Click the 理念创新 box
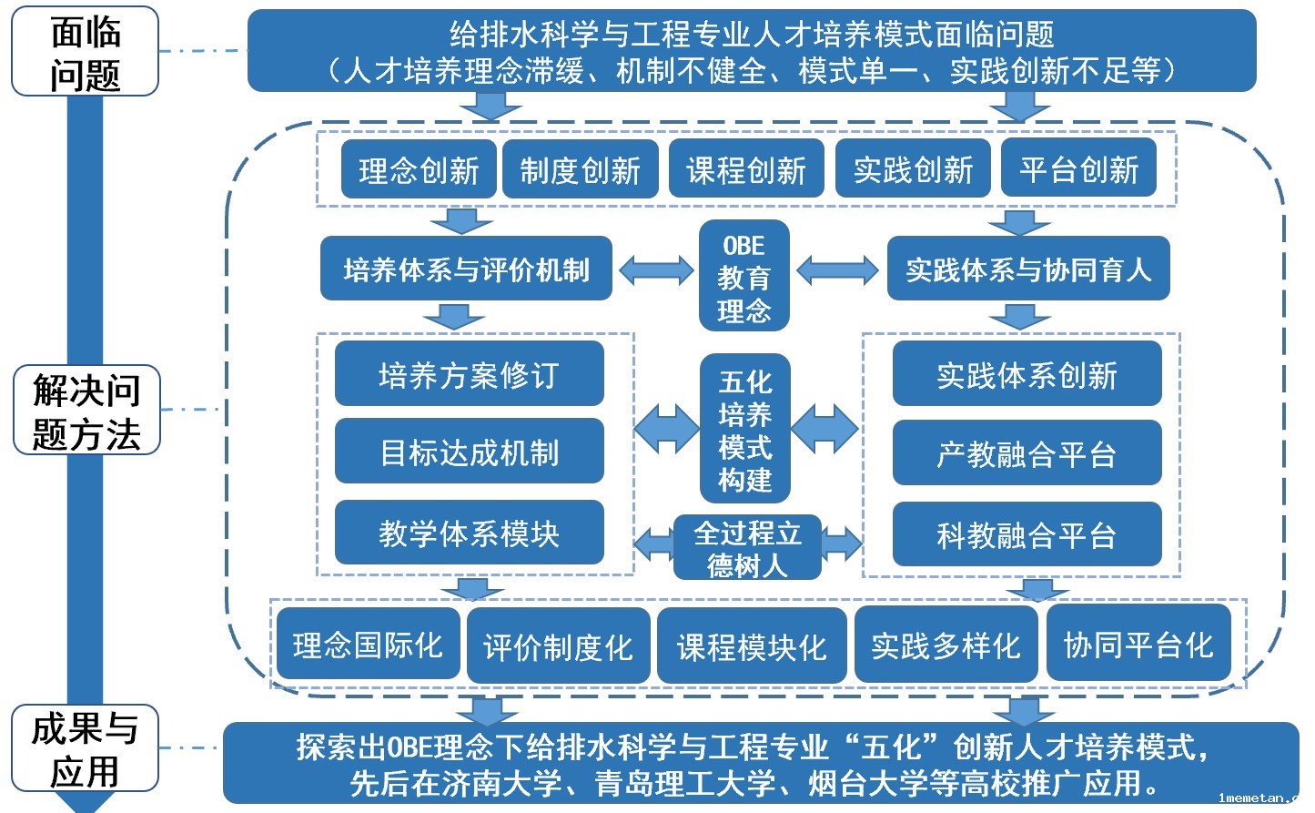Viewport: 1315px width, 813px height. (x=419, y=169)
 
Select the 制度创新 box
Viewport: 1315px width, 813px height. (x=581, y=169)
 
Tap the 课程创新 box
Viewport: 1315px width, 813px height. (x=746, y=169)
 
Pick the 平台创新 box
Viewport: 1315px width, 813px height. (x=1078, y=169)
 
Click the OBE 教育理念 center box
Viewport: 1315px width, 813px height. (x=743, y=277)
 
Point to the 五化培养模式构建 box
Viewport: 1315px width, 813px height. (x=744, y=429)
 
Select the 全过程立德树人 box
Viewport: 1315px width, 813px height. (x=747, y=548)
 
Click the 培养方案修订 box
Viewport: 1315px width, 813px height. (x=469, y=374)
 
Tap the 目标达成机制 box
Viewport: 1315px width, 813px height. (x=469, y=452)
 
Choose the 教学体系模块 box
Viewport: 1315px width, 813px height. (x=469, y=533)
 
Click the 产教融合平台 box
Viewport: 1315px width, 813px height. (x=1027, y=453)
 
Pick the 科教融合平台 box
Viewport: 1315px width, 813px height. (x=1027, y=534)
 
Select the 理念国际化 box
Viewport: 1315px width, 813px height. (x=368, y=645)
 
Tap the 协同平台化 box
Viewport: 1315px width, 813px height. (x=1138, y=645)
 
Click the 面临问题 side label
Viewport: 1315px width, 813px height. (x=85, y=52)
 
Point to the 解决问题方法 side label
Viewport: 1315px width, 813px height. (x=86, y=411)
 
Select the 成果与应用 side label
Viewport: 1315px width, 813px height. (x=85, y=749)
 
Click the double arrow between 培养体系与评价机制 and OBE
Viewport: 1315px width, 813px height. (x=656, y=270)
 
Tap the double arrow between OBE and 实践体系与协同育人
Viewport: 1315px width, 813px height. (x=837, y=270)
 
